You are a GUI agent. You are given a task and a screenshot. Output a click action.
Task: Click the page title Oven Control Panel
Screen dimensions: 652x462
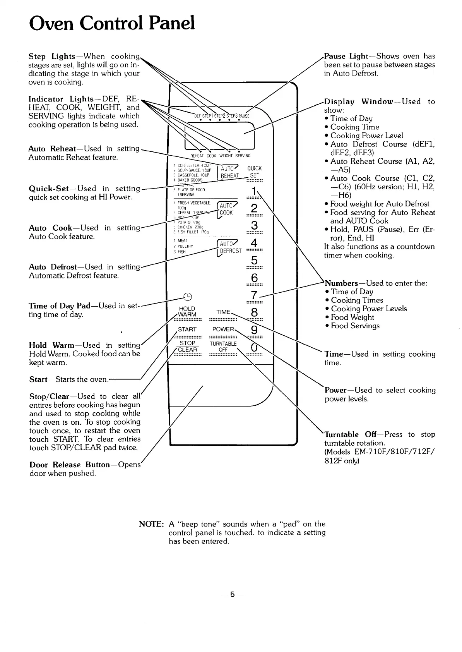(x=112, y=23)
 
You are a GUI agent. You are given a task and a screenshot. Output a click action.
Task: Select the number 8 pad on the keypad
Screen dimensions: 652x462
(x=254, y=313)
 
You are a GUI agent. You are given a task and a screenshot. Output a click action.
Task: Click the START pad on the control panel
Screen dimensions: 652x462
(x=187, y=330)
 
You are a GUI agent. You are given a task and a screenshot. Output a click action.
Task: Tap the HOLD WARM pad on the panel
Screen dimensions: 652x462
(x=187, y=312)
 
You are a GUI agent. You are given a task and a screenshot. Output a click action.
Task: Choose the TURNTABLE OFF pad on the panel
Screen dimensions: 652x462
(x=223, y=347)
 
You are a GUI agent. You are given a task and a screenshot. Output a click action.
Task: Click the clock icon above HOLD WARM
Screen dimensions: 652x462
(x=187, y=297)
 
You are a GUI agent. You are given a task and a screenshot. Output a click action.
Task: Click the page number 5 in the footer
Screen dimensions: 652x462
(x=231, y=594)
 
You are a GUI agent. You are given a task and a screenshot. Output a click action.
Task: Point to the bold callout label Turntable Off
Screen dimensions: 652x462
(x=347, y=434)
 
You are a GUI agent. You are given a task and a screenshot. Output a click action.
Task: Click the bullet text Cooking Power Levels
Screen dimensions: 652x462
(x=369, y=309)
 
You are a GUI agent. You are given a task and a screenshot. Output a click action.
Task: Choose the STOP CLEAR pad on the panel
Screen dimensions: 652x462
(x=187, y=347)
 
